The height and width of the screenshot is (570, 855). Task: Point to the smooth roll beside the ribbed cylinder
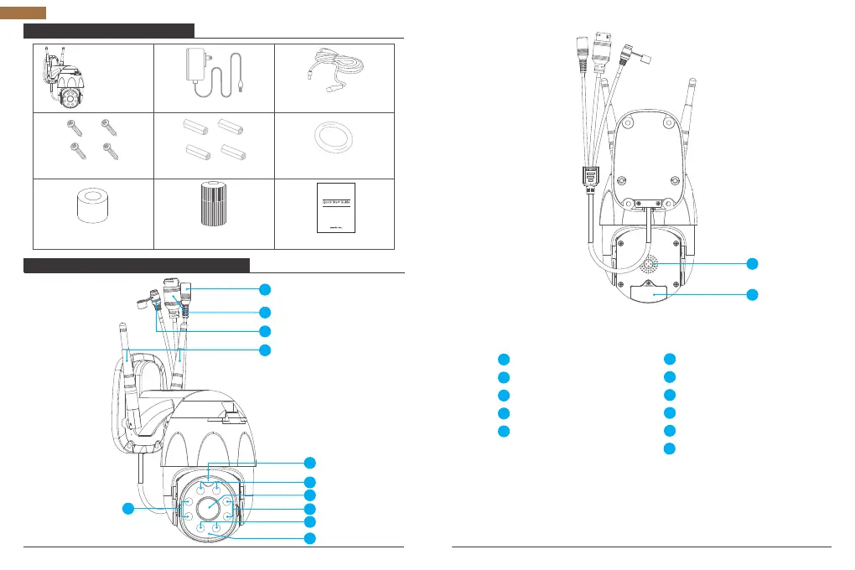tap(93, 208)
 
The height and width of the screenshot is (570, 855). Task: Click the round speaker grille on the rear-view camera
tap(651, 267)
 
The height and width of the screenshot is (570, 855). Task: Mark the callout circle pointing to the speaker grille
tap(754, 264)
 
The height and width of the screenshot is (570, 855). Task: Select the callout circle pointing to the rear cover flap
tap(754, 294)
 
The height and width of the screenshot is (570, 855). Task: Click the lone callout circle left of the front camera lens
tap(129, 508)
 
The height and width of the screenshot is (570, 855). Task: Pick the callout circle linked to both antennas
tap(265, 349)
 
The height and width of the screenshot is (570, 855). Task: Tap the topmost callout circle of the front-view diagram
tap(265, 289)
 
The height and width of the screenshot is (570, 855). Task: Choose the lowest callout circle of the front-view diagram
tap(310, 537)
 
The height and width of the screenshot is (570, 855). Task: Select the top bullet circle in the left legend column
tap(503, 359)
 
